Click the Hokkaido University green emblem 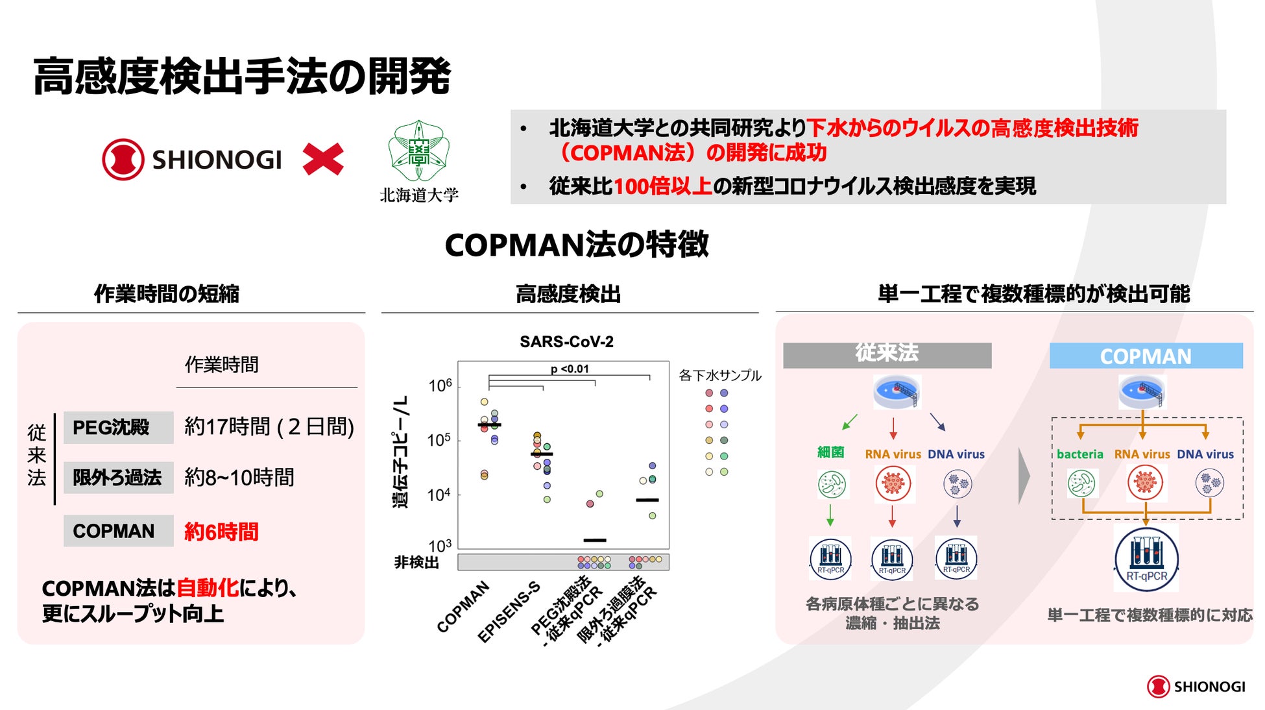coord(419,151)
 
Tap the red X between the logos coord(323,160)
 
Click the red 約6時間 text coord(221,532)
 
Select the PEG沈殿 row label coord(118,427)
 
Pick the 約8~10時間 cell coord(239,478)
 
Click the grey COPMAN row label coord(118,531)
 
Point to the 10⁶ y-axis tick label coord(440,386)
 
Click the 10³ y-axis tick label coord(440,545)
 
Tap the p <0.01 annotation coord(570,369)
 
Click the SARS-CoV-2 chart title coord(566,341)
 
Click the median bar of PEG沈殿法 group coord(594,540)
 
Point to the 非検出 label coord(416,562)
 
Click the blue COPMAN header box coord(1146,356)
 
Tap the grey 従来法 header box coord(887,354)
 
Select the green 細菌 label coord(830,452)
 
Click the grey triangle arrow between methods coord(1024,476)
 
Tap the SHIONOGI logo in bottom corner coord(1196,686)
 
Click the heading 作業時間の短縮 coord(167,294)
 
